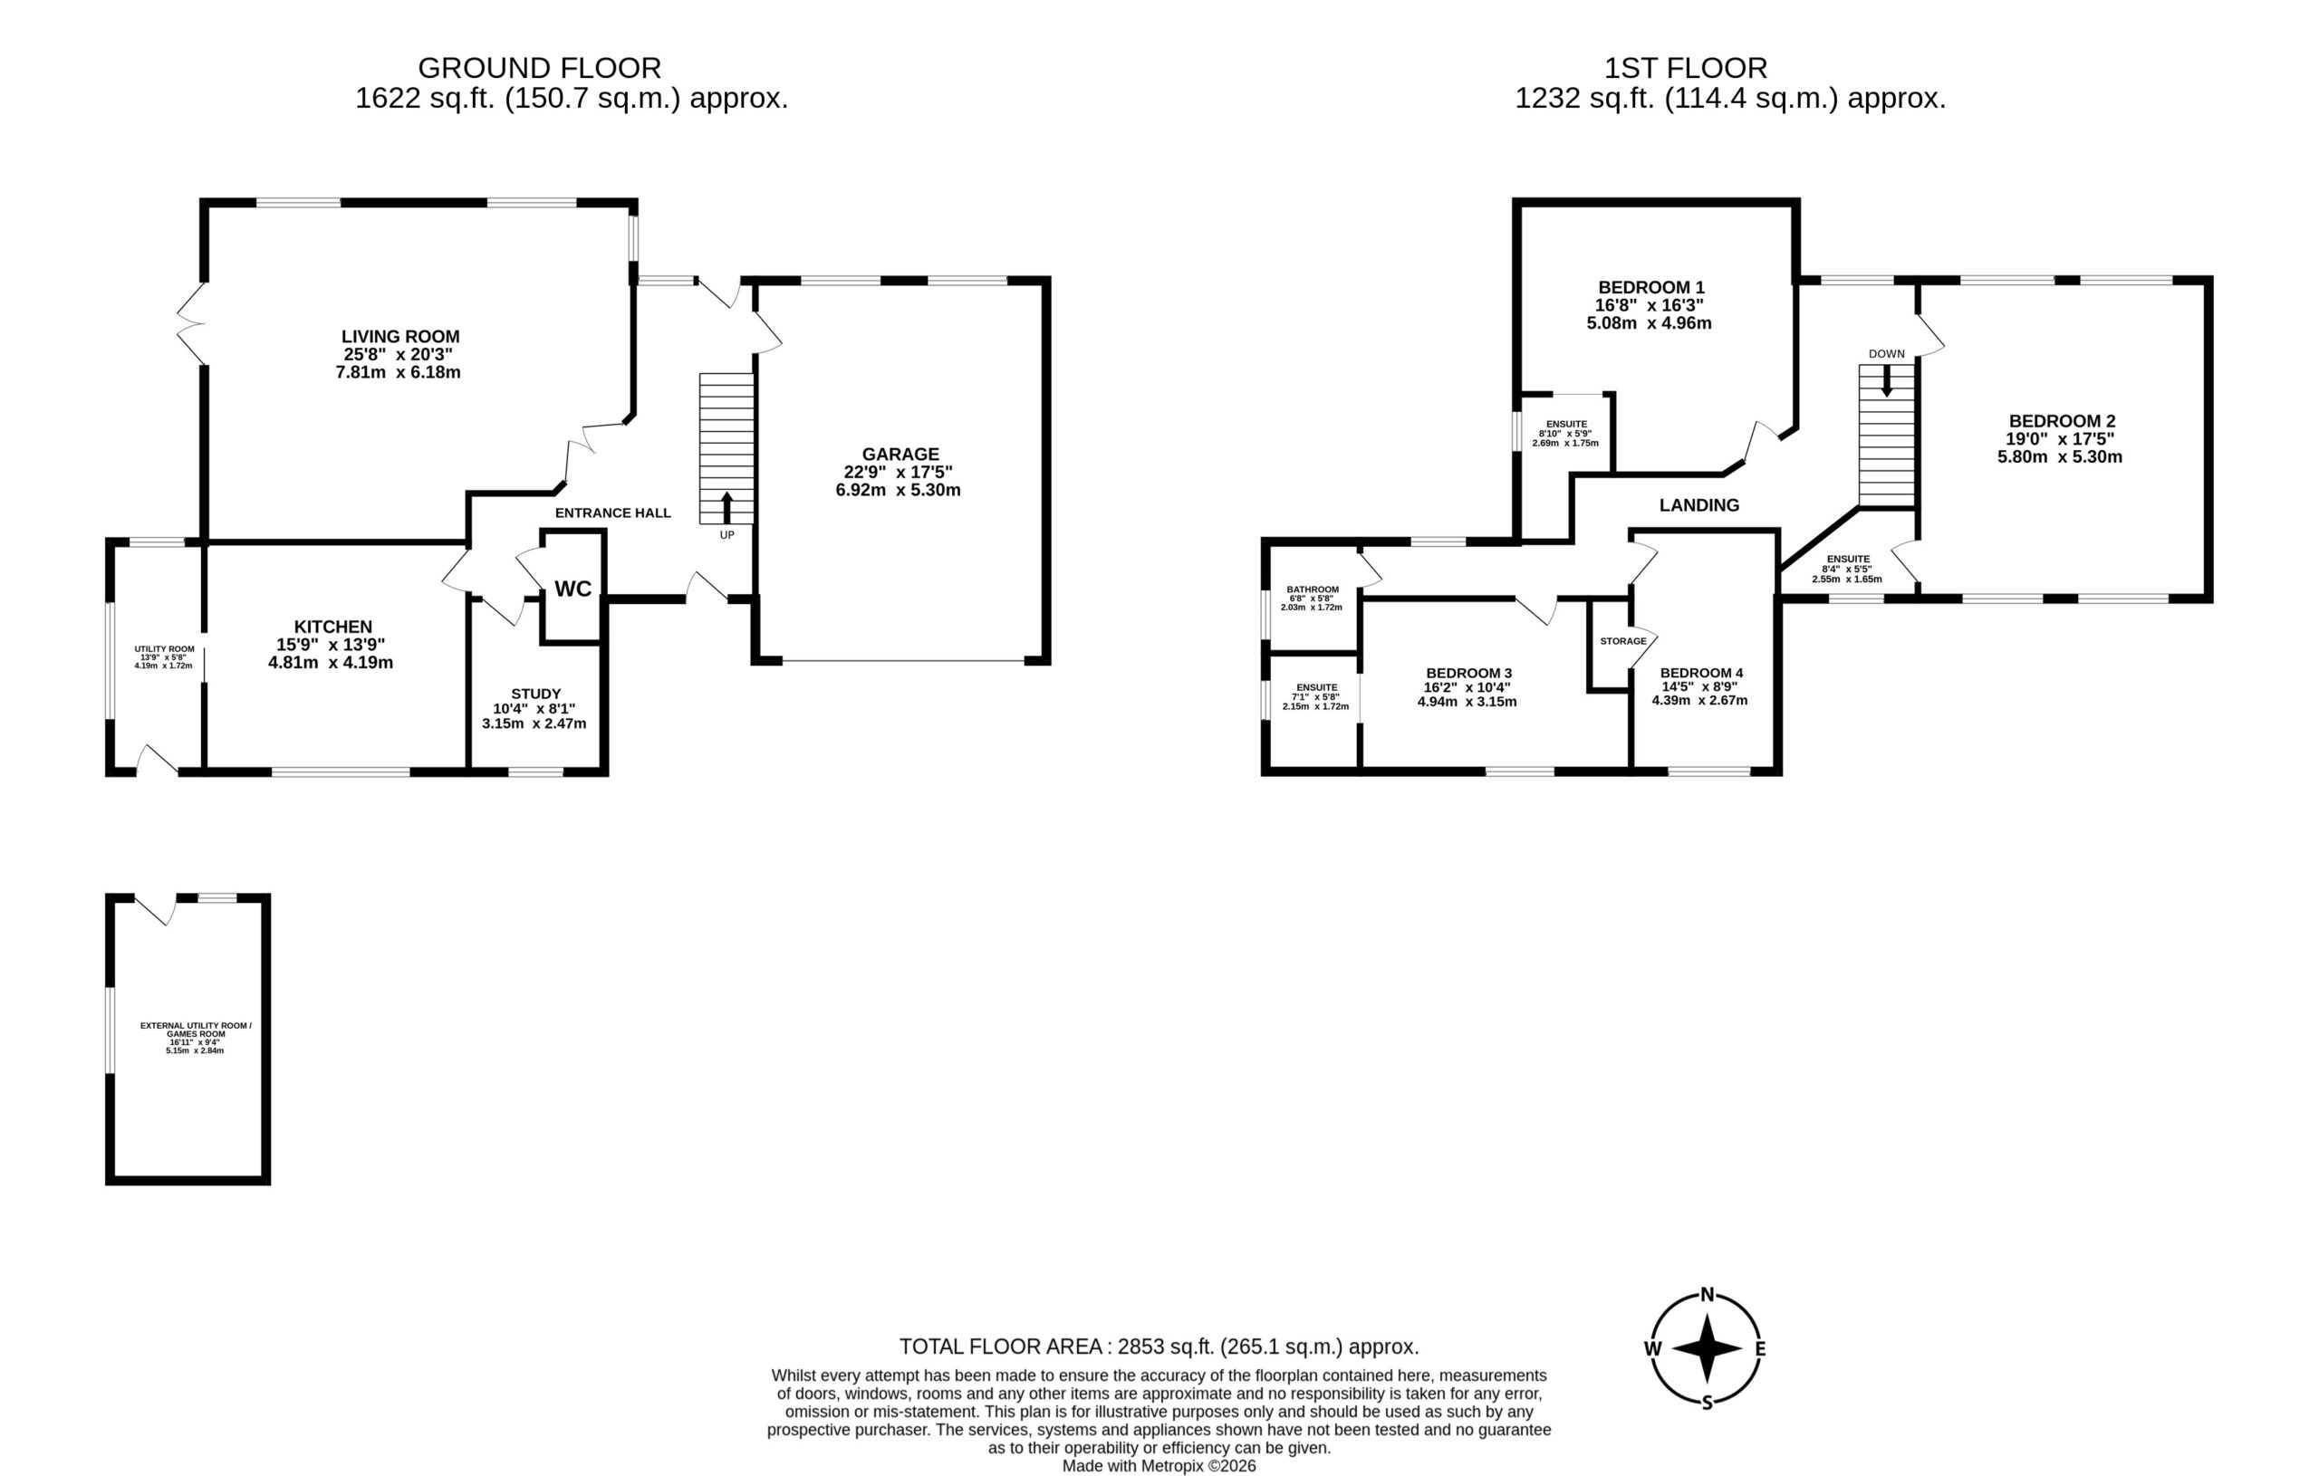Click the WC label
click(573, 589)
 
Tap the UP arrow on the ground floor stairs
click(726, 507)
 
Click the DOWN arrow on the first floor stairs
click(1887, 380)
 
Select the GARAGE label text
click(900, 454)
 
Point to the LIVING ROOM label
click(400, 336)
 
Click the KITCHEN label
click(333, 627)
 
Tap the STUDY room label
click(536, 694)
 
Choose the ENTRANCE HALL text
click(612, 513)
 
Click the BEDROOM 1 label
click(1651, 287)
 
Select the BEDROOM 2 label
click(2062, 421)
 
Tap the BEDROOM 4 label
click(1702, 673)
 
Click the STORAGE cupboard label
click(1622, 641)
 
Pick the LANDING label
click(1698, 504)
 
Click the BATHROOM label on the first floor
click(1313, 589)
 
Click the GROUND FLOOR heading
click(539, 68)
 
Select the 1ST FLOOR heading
click(1685, 68)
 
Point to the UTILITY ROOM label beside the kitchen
click(164, 649)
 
